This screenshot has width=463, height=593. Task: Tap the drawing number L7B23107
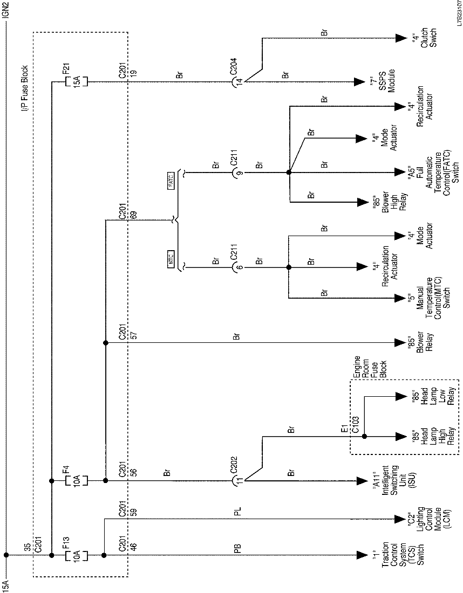click(x=458, y=13)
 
